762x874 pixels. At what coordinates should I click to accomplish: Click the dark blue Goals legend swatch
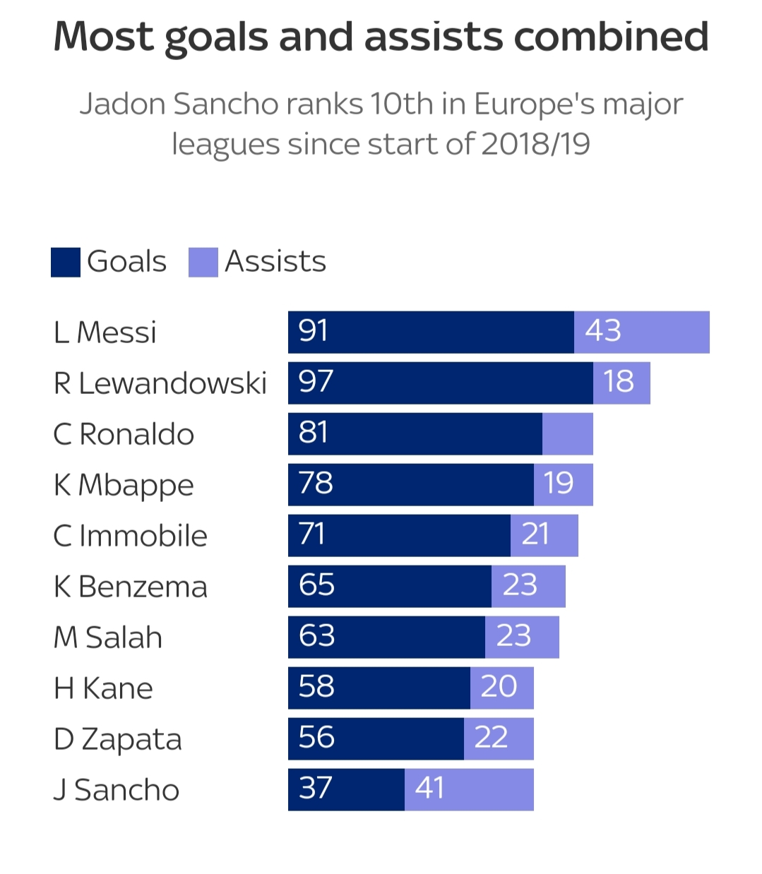(66, 262)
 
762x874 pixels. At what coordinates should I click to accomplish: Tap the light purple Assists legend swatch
(203, 262)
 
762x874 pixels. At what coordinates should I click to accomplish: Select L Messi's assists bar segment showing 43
(641, 332)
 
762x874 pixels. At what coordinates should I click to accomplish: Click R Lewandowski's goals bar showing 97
(440, 383)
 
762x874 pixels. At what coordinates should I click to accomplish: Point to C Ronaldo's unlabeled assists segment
(567, 433)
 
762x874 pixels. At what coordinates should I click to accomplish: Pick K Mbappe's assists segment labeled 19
(563, 484)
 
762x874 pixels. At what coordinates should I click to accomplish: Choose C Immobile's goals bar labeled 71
(399, 535)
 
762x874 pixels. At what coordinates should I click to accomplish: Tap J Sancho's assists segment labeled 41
(469, 789)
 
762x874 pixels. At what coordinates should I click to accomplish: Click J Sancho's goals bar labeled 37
(346, 789)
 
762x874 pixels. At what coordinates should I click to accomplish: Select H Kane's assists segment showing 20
(501, 688)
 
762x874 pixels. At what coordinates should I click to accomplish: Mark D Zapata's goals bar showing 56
(376, 738)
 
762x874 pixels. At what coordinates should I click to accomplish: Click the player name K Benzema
(131, 587)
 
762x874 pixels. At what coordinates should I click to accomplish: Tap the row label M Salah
(108, 637)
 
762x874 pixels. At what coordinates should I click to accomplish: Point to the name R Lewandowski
(160, 383)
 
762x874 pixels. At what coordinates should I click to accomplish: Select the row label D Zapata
(118, 739)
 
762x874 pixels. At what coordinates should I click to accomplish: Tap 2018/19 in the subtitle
(535, 144)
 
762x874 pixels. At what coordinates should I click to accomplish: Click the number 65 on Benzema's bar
(316, 585)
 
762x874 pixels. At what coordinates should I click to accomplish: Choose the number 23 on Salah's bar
(513, 636)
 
